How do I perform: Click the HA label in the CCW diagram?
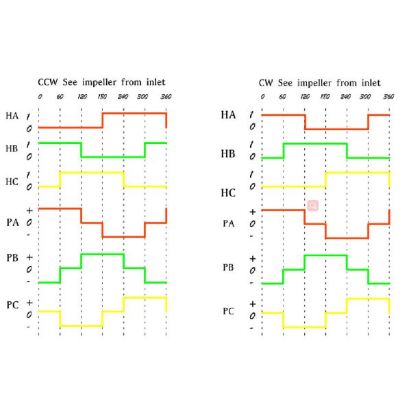12,116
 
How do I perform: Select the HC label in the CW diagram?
228,193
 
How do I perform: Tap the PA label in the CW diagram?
229,223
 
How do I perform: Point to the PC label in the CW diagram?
229,310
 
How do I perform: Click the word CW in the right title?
266,82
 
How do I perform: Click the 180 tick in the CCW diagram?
103,96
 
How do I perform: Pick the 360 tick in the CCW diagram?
165,96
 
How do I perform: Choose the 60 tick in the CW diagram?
283,96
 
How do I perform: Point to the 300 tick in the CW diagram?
366,96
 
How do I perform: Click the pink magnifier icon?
312,205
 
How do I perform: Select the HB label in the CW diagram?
228,153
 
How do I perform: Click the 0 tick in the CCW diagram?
39,96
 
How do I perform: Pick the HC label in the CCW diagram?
12,182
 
